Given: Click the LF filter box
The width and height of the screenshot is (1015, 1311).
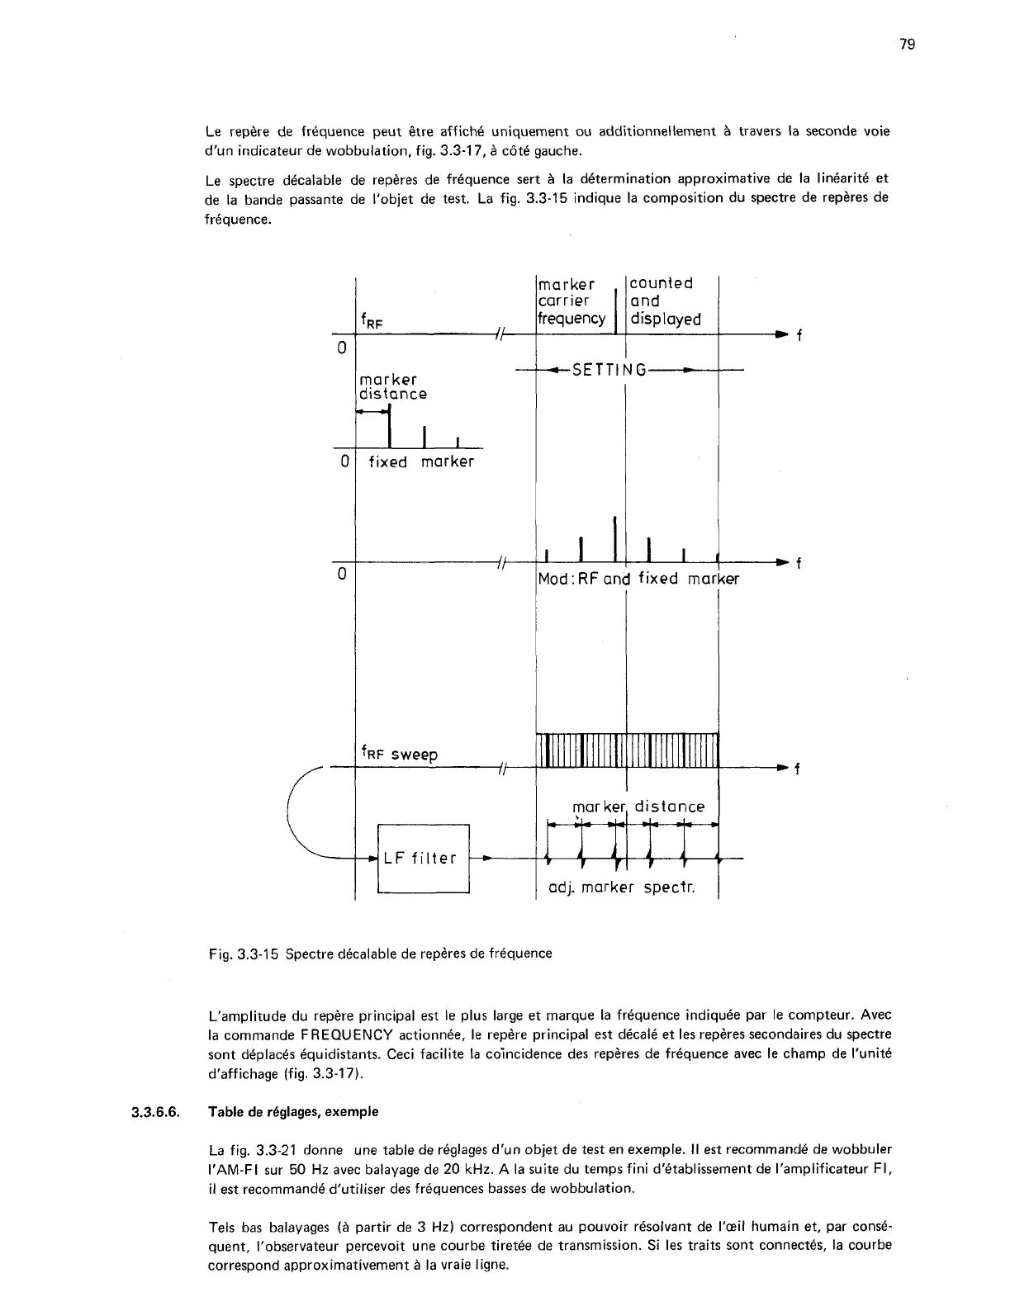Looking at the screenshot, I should (x=423, y=859).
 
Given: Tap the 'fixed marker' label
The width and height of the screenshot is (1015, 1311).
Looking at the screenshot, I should (x=421, y=462).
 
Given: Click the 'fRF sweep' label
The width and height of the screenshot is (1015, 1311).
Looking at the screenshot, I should (x=400, y=754).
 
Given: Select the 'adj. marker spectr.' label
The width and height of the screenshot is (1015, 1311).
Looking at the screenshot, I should (x=623, y=888).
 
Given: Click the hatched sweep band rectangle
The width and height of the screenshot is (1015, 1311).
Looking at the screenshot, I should (x=628, y=750).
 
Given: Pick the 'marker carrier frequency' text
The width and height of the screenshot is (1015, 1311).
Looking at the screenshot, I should (x=572, y=301).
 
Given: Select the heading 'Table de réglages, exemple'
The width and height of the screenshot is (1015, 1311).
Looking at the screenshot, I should (x=294, y=1112).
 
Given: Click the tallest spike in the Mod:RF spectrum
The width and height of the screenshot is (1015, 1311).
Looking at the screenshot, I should (x=615, y=538).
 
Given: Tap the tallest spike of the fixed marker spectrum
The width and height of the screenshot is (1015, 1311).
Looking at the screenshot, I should (x=390, y=426).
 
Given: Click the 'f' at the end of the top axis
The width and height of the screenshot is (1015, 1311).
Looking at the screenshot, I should (x=799, y=336).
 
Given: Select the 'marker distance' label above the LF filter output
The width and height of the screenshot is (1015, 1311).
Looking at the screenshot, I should (x=638, y=807).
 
